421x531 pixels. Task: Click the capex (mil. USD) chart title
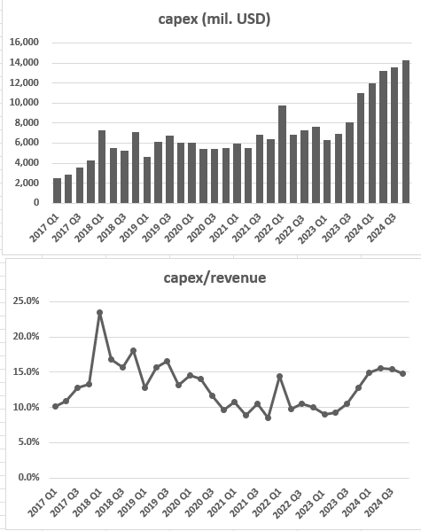[x=214, y=19]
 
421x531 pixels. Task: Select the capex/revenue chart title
[x=214, y=278]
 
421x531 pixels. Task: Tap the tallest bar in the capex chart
[x=405, y=132]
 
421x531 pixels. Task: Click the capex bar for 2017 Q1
[x=57, y=191]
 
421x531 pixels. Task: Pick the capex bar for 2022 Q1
[x=282, y=154]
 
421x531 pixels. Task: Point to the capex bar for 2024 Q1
[x=372, y=144]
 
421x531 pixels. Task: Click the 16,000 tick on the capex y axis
[x=25, y=43]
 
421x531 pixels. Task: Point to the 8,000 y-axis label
[x=27, y=122]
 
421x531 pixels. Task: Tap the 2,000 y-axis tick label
[x=27, y=183]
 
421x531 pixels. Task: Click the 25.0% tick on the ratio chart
[x=26, y=301]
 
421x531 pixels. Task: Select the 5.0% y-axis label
[x=28, y=442]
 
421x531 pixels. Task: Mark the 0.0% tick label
[x=28, y=477]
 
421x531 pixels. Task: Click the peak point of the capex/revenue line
[x=99, y=313]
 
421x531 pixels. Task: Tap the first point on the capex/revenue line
[x=55, y=406]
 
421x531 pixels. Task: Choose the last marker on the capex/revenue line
[x=402, y=373]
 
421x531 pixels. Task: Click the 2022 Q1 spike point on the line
[x=279, y=376]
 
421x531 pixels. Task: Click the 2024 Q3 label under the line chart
[x=380, y=503]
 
